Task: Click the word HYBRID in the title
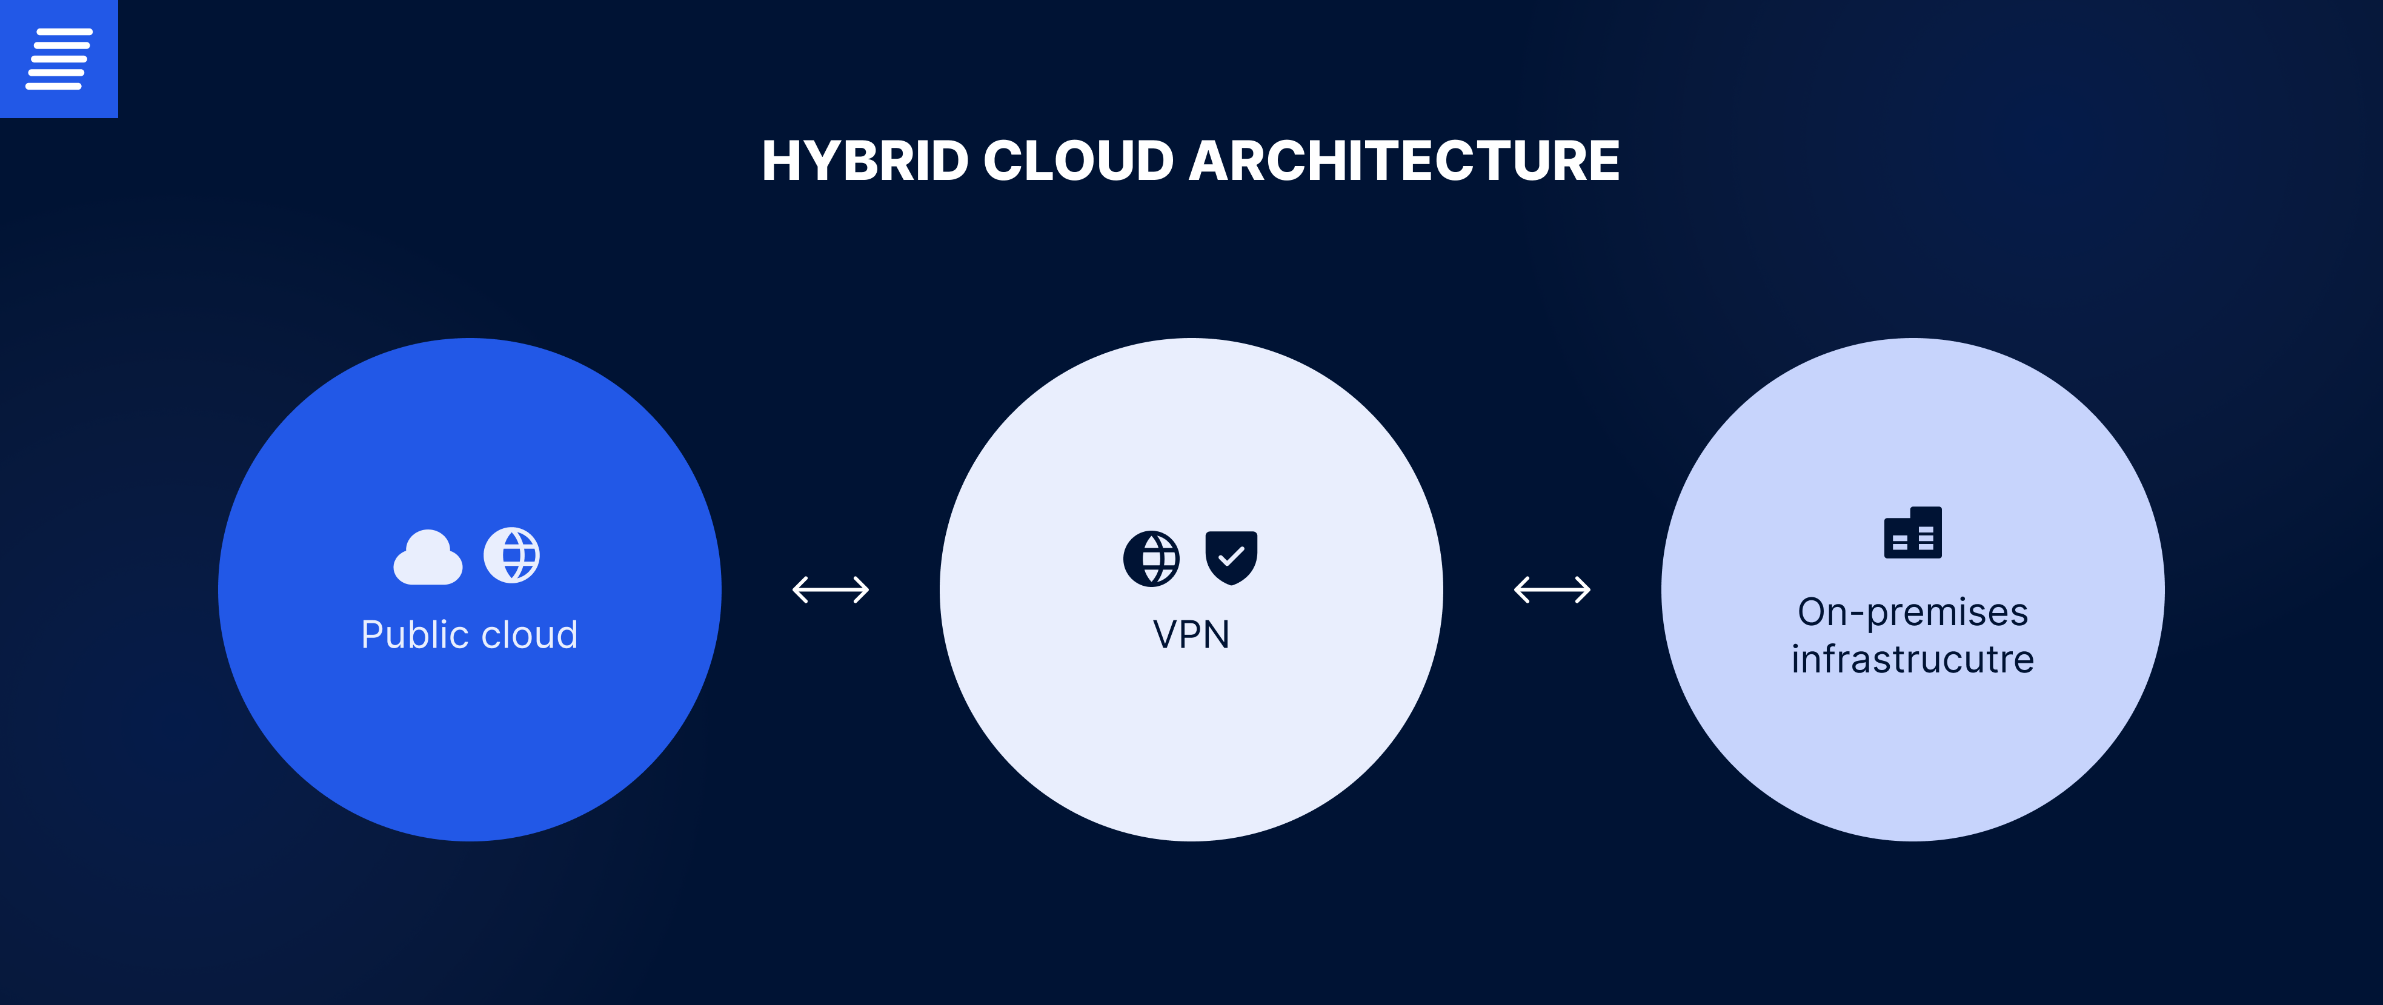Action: click(865, 161)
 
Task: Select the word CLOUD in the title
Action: click(1078, 161)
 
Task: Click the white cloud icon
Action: click(427, 557)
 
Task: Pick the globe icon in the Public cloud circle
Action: click(511, 556)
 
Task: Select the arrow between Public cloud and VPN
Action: click(831, 589)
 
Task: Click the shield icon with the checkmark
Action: click(1231, 557)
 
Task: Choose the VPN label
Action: click(1191, 635)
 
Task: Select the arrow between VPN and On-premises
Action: click(1552, 589)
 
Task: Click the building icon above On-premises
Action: click(1913, 532)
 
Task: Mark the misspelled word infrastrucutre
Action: click(1913, 659)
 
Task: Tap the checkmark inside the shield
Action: click(1231, 556)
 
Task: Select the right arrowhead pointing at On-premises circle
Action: click(1583, 589)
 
